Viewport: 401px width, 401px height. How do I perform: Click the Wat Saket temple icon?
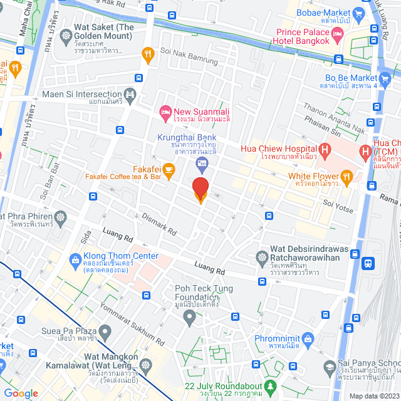point(66,35)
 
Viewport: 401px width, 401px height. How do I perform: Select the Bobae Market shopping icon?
point(358,13)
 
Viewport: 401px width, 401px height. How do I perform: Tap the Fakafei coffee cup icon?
point(168,169)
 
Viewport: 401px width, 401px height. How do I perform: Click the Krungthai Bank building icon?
point(201,165)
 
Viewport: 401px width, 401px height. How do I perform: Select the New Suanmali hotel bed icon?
point(166,111)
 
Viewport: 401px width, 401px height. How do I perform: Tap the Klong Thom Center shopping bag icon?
point(75,259)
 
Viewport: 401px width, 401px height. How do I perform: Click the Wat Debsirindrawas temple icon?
point(261,257)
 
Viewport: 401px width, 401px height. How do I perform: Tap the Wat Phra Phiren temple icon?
point(60,218)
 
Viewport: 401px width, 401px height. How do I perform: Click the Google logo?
point(21,393)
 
